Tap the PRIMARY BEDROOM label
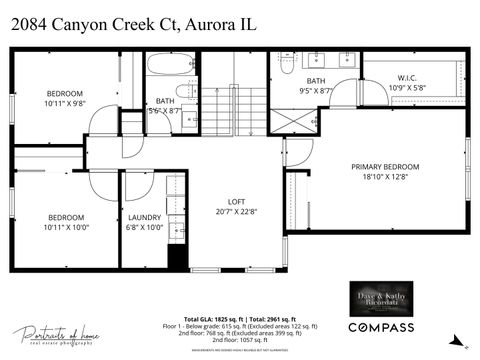pyautogui.click(x=384, y=167)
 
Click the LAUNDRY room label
pyautogui.click(x=145, y=217)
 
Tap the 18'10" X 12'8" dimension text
pyautogui.click(x=384, y=177)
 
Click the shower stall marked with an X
pyautogui.click(x=293, y=123)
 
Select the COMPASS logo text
pyautogui.click(x=380, y=327)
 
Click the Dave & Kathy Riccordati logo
pyautogui.click(x=380, y=297)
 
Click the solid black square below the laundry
pyautogui.click(x=177, y=254)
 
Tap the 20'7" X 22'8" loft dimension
pyautogui.click(x=236, y=211)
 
